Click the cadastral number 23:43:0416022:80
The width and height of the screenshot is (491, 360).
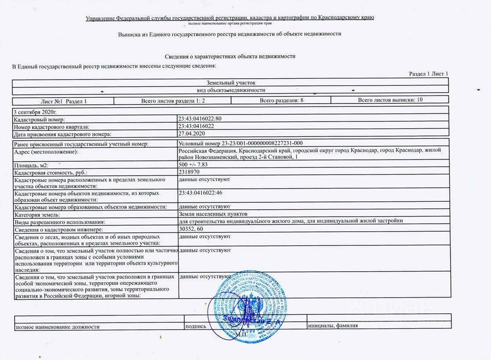point(200,119)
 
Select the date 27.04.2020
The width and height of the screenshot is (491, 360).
point(192,133)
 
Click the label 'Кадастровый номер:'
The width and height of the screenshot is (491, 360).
point(39,120)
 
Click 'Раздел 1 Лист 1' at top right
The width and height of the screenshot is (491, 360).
point(429,74)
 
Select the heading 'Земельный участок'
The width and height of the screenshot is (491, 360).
point(230,82)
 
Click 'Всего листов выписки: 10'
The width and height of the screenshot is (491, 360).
point(390,100)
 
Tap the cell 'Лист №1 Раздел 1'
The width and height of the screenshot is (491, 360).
point(64,101)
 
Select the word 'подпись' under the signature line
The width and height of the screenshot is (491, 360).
point(196,327)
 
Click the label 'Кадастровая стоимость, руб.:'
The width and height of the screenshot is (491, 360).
point(51,172)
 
